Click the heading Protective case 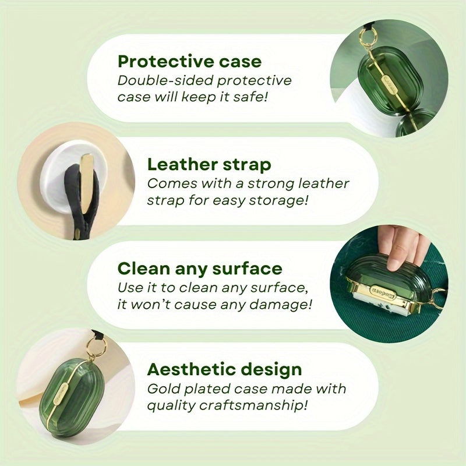coord(189,61)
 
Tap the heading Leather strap coord(209,164)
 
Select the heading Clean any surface coord(199,269)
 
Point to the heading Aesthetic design coord(224,369)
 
